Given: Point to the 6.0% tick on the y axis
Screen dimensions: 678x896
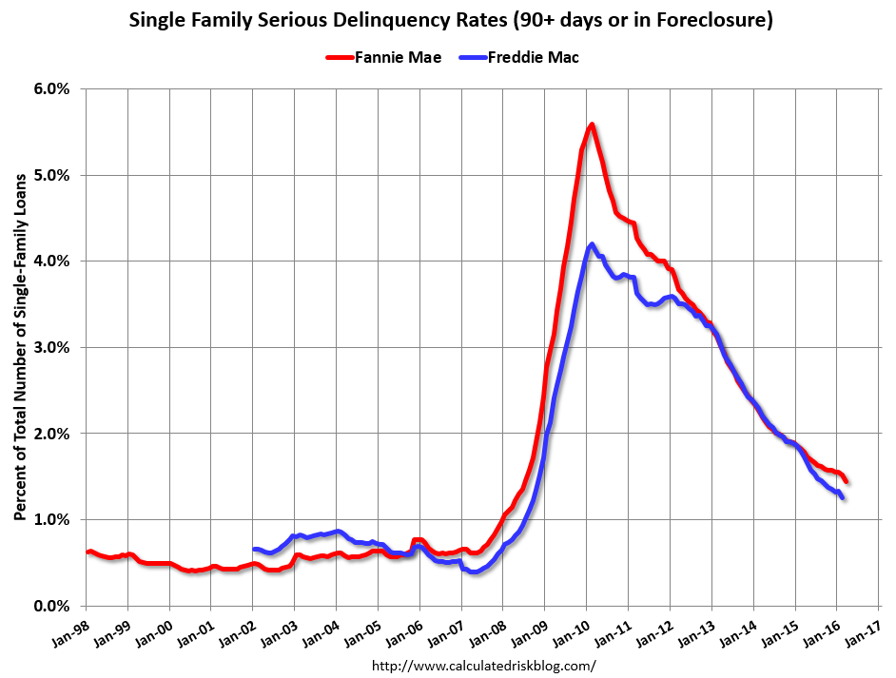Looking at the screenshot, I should pos(52,88).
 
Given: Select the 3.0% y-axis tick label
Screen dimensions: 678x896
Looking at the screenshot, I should pos(52,347).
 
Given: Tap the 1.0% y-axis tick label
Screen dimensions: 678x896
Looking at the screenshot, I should pos(52,519).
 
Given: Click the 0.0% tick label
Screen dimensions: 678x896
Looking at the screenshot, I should pos(52,606).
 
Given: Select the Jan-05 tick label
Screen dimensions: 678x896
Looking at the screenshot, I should pos(365,630).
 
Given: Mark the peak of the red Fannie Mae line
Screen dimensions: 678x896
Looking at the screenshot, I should pos(592,125).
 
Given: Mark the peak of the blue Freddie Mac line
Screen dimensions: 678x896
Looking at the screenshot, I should pos(592,244).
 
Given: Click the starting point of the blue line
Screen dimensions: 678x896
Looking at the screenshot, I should pos(254,550).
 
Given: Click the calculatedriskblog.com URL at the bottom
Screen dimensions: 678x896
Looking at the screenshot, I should pos(483,666).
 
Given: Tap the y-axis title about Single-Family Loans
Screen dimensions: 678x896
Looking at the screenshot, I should pos(19,347).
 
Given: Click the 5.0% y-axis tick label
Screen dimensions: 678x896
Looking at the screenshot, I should pos(52,175).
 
